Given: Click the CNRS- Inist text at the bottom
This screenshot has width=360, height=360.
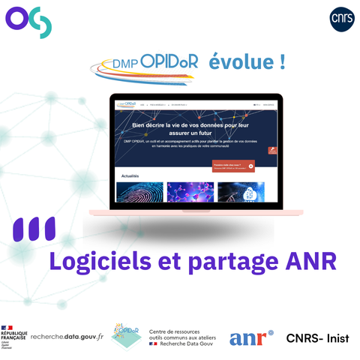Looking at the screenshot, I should point(317,338).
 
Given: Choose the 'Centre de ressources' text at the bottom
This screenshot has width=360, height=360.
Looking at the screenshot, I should point(181,331).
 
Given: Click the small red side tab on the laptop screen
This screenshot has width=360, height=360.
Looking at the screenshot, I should point(271,149).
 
